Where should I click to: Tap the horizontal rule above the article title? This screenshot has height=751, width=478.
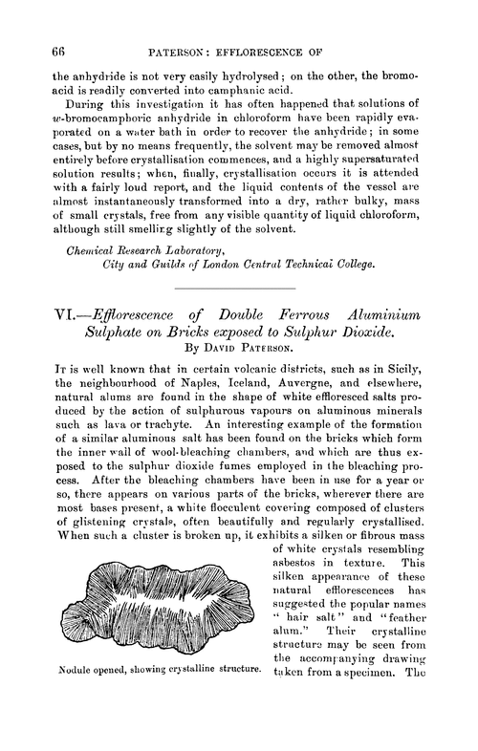[238, 289]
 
